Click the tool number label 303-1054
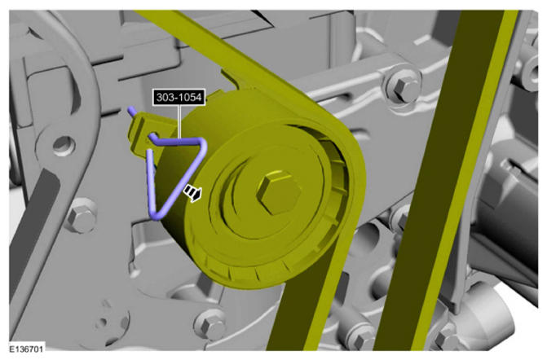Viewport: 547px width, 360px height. tap(179, 97)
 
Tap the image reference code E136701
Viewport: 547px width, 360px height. tap(26, 348)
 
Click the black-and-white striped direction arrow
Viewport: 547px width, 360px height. tap(193, 193)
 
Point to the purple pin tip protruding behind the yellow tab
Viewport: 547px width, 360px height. tap(131, 111)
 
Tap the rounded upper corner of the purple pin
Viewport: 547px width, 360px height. tap(202, 143)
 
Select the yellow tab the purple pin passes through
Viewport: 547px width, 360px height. tap(143, 134)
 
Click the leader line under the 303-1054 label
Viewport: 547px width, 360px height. tap(179, 121)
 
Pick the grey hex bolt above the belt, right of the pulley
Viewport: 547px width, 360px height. tap(404, 85)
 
